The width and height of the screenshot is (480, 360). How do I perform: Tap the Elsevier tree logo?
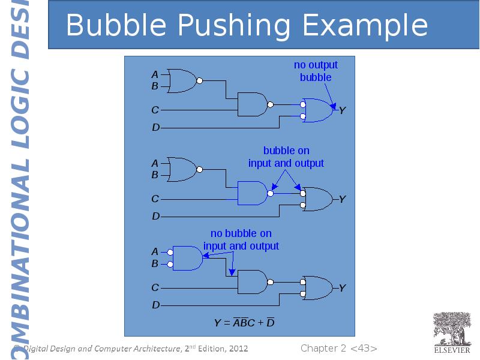(x=452, y=332)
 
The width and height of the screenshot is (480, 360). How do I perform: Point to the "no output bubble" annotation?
(x=316, y=71)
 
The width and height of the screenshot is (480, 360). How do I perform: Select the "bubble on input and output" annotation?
(x=286, y=157)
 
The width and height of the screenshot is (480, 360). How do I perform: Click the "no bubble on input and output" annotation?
(x=241, y=239)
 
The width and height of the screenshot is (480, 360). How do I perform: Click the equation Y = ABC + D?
(x=244, y=323)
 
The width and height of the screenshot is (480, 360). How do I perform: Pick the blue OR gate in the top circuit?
(x=318, y=110)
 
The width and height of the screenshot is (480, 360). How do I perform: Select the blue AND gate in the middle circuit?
(x=253, y=193)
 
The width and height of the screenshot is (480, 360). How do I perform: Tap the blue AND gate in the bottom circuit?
(x=187, y=258)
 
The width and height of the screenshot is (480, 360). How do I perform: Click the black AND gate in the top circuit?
(x=253, y=104)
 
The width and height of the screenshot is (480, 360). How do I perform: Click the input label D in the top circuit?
(x=155, y=128)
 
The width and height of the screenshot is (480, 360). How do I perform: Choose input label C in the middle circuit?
(x=155, y=199)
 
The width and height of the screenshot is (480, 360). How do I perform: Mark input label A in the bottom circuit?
(x=155, y=251)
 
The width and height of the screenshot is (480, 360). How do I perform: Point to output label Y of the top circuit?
(x=342, y=111)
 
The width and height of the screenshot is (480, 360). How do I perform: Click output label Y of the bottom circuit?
(x=342, y=288)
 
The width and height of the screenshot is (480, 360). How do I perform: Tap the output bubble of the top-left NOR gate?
(x=200, y=81)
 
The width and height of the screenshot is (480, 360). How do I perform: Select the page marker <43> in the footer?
(x=364, y=349)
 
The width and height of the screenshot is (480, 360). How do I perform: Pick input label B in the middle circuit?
(x=155, y=175)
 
